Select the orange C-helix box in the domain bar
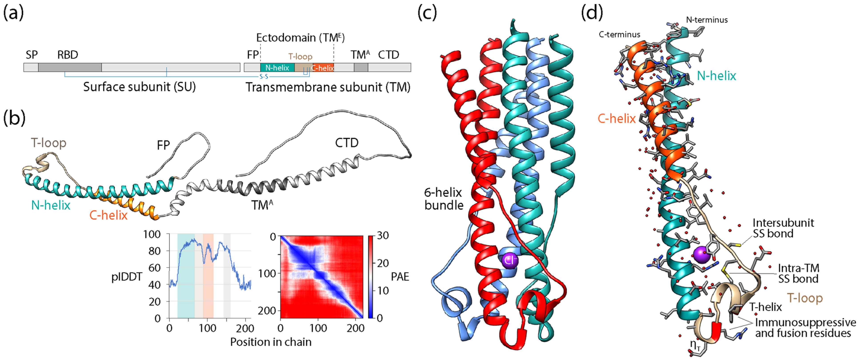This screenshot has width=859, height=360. tap(322, 68)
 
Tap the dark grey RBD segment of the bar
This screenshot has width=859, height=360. tap(70, 67)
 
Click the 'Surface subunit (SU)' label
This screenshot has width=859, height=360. tap(139, 87)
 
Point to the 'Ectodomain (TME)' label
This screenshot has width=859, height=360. tap(300, 38)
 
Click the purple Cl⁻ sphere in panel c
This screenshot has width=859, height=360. tap(509, 260)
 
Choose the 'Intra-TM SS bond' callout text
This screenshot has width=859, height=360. tap(798, 273)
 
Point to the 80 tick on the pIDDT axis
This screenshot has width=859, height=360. tap(154, 251)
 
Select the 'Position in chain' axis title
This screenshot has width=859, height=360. tap(271, 342)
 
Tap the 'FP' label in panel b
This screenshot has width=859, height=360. tap(163, 145)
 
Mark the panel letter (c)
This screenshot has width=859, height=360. tap(427, 13)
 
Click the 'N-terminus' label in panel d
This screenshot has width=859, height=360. tap(707, 20)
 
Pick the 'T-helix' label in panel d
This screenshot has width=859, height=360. tap(766, 307)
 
